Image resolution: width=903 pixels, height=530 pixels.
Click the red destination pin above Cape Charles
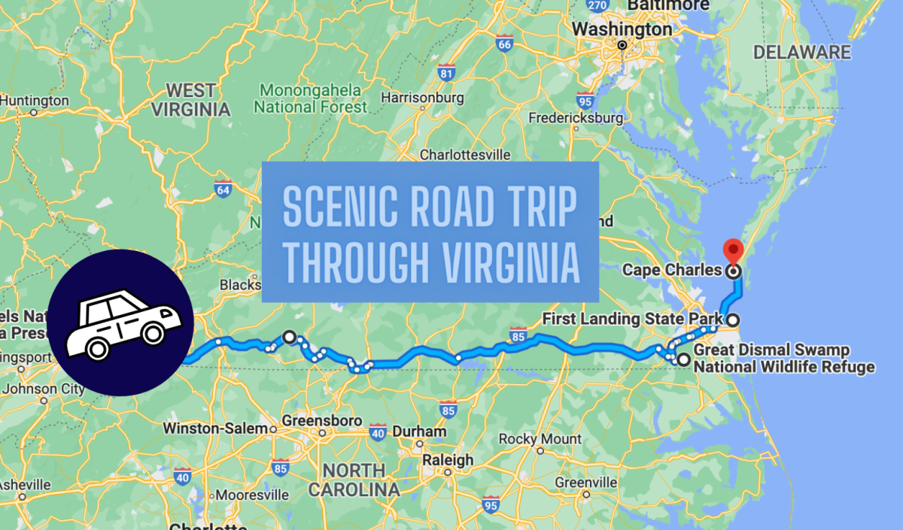pyautogui.click(x=731, y=251)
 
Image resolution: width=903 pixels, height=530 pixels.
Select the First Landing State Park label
pyautogui.click(x=632, y=320)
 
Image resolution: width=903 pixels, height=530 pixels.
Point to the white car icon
pyautogui.click(x=123, y=322)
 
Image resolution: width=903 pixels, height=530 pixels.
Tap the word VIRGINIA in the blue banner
pyautogui.click(x=507, y=262)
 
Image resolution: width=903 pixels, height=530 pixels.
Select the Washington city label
pyautogui.click(x=622, y=29)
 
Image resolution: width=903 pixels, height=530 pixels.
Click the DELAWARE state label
pyautogui.click(x=802, y=53)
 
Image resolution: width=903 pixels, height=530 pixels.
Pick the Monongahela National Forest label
pyautogui.click(x=310, y=98)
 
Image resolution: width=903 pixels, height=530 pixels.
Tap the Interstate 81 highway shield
pyautogui.click(x=447, y=74)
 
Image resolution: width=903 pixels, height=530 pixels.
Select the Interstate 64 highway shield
pyautogui.click(x=222, y=188)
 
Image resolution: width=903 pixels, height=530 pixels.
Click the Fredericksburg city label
pyautogui.click(x=576, y=118)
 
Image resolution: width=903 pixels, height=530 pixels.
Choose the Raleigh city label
pyautogui.click(x=448, y=459)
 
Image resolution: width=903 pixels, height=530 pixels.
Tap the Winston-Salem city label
pyautogui.click(x=215, y=429)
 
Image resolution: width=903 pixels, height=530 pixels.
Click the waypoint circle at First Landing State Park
pyautogui.click(x=732, y=320)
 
